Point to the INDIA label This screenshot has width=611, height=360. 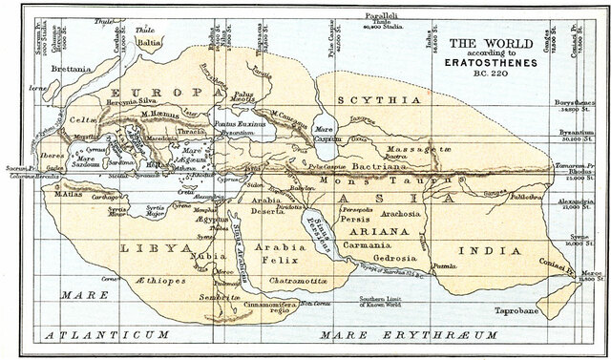coord(484,251)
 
